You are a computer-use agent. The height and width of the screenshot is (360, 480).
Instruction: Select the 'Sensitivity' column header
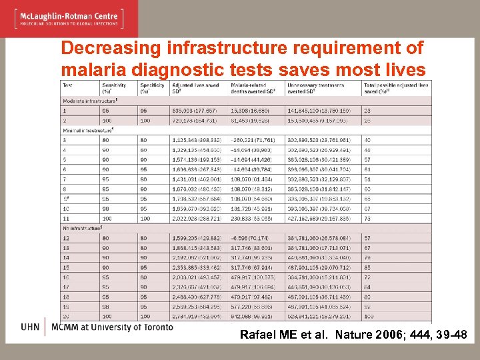(x=115, y=85)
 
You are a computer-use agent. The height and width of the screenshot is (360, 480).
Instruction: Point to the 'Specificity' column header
(x=153, y=85)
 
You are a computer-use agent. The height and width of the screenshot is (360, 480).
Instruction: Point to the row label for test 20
(x=66, y=317)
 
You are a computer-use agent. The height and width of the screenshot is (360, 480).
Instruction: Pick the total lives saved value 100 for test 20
(x=369, y=317)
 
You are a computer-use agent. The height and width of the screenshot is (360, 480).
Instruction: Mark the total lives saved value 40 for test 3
(x=367, y=139)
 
